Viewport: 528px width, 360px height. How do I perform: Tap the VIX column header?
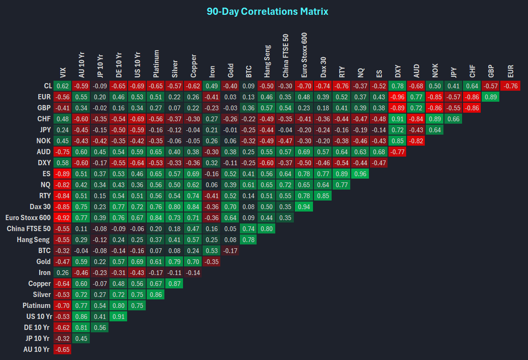click(63, 72)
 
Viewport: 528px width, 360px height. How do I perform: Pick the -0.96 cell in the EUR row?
click(398, 97)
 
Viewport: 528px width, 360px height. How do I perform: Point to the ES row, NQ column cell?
click(360, 174)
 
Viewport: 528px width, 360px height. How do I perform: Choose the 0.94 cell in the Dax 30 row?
click(304, 207)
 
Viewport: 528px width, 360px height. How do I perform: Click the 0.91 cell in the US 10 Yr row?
click(118, 317)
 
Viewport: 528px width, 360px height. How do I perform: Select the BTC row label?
click(44, 251)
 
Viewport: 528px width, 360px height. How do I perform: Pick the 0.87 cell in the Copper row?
click(173, 284)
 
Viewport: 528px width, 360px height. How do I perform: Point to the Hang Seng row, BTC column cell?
click(248, 240)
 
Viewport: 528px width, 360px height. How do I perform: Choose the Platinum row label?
click(37, 306)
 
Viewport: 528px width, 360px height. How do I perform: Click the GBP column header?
click(492, 71)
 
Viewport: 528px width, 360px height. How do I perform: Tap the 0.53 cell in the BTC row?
click(211, 251)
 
